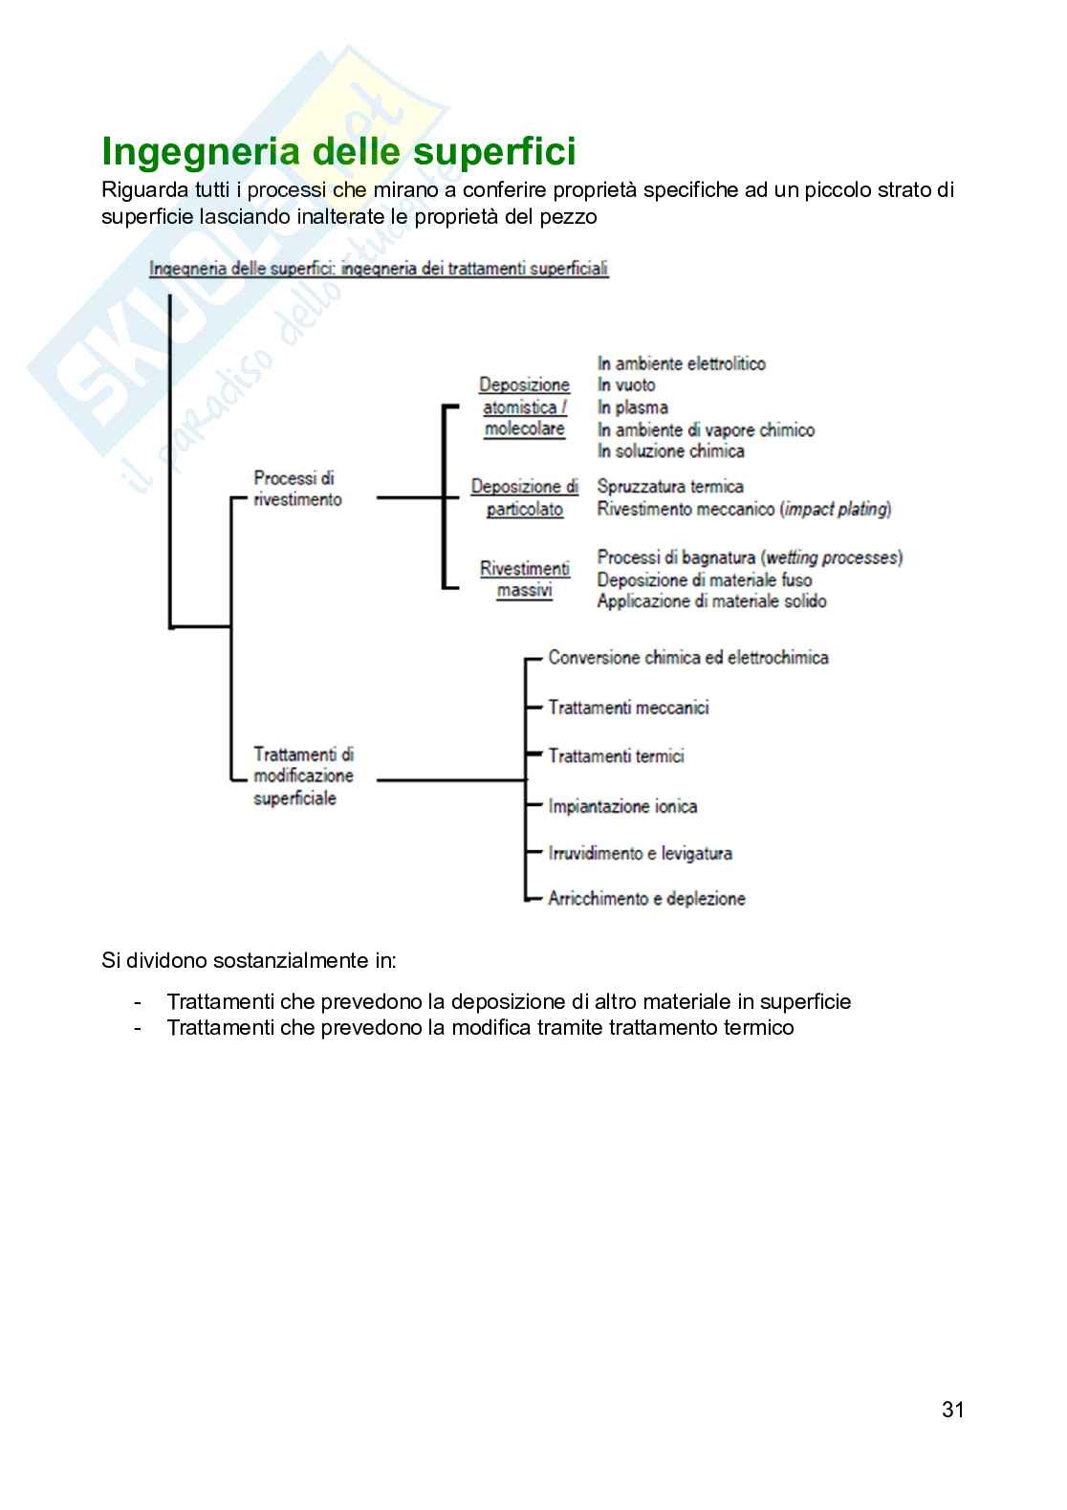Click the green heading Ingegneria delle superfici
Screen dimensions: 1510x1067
(x=338, y=153)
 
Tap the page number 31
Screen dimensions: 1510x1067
(x=952, y=1410)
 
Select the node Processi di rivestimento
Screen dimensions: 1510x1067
(x=296, y=489)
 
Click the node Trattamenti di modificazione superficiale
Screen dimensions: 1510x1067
(x=303, y=776)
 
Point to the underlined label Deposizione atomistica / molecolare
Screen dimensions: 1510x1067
(x=524, y=407)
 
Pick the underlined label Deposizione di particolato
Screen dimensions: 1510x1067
(x=524, y=498)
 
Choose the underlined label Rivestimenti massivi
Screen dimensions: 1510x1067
(x=524, y=580)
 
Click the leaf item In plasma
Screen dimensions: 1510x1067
(x=632, y=407)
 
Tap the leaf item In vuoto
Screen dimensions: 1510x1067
(x=626, y=385)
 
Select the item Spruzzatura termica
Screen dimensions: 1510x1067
(x=669, y=487)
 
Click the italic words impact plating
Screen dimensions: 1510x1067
(x=835, y=510)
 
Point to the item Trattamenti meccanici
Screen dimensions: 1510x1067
(x=628, y=708)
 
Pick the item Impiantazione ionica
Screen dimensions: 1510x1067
(x=622, y=806)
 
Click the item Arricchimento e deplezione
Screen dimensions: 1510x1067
(x=646, y=899)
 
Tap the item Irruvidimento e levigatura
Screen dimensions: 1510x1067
(x=640, y=853)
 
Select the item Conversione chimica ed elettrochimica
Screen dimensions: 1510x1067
(x=688, y=658)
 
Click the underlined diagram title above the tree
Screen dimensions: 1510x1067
(x=379, y=269)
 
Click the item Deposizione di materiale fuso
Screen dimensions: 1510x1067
(x=704, y=580)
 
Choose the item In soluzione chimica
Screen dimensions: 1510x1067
(x=670, y=451)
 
